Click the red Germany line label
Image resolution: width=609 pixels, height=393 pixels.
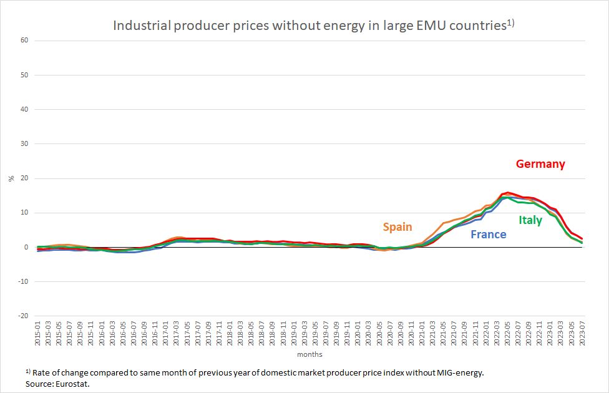(540, 164)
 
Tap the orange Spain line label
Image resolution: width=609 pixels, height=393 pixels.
(397, 226)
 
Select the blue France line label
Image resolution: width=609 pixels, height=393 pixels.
(488, 235)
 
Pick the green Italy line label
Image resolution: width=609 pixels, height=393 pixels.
(530, 220)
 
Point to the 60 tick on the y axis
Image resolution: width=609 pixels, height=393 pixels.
(24, 41)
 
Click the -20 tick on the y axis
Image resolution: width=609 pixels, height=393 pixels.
(23, 316)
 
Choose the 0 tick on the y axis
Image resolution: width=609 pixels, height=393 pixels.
(27, 248)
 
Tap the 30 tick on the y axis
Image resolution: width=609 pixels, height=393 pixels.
(24, 144)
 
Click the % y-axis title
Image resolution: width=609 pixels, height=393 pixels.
(11, 178)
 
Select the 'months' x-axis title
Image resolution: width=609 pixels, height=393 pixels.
(309, 354)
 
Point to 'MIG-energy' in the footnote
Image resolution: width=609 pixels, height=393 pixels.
(457, 372)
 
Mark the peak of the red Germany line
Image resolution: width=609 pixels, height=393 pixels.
(507, 192)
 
